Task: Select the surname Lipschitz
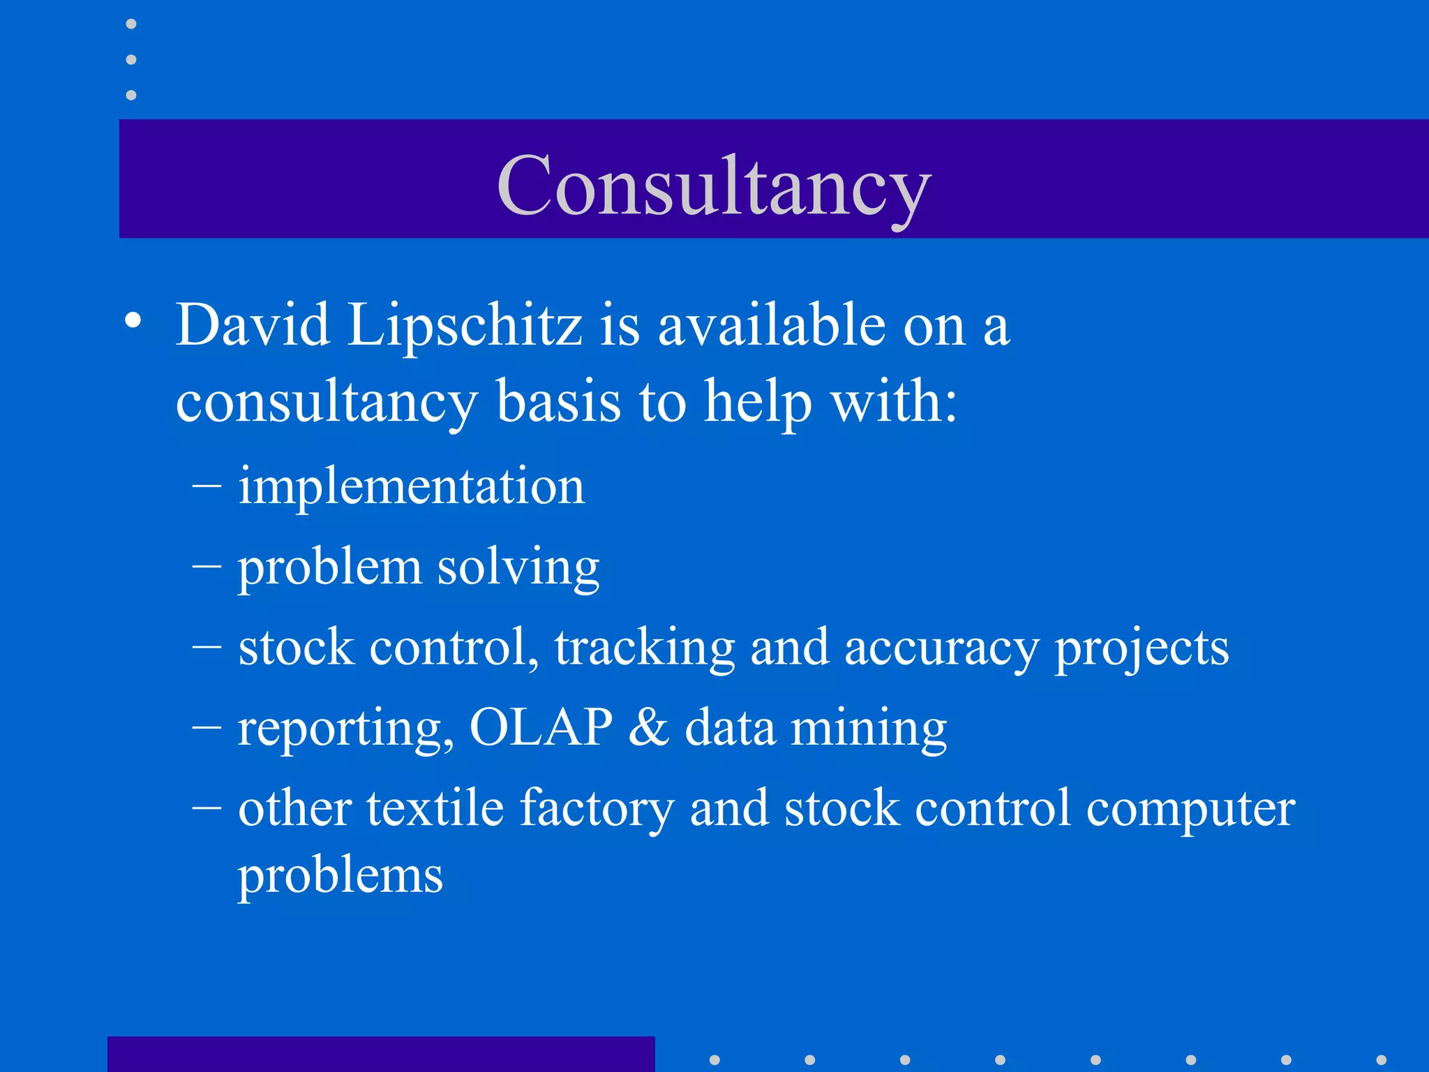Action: (465, 327)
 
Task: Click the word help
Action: (758, 403)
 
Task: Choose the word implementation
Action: (411, 486)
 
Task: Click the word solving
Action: (518, 567)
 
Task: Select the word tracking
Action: (645, 648)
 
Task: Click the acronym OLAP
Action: (541, 727)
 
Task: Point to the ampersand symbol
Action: (649, 727)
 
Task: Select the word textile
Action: (435, 807)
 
